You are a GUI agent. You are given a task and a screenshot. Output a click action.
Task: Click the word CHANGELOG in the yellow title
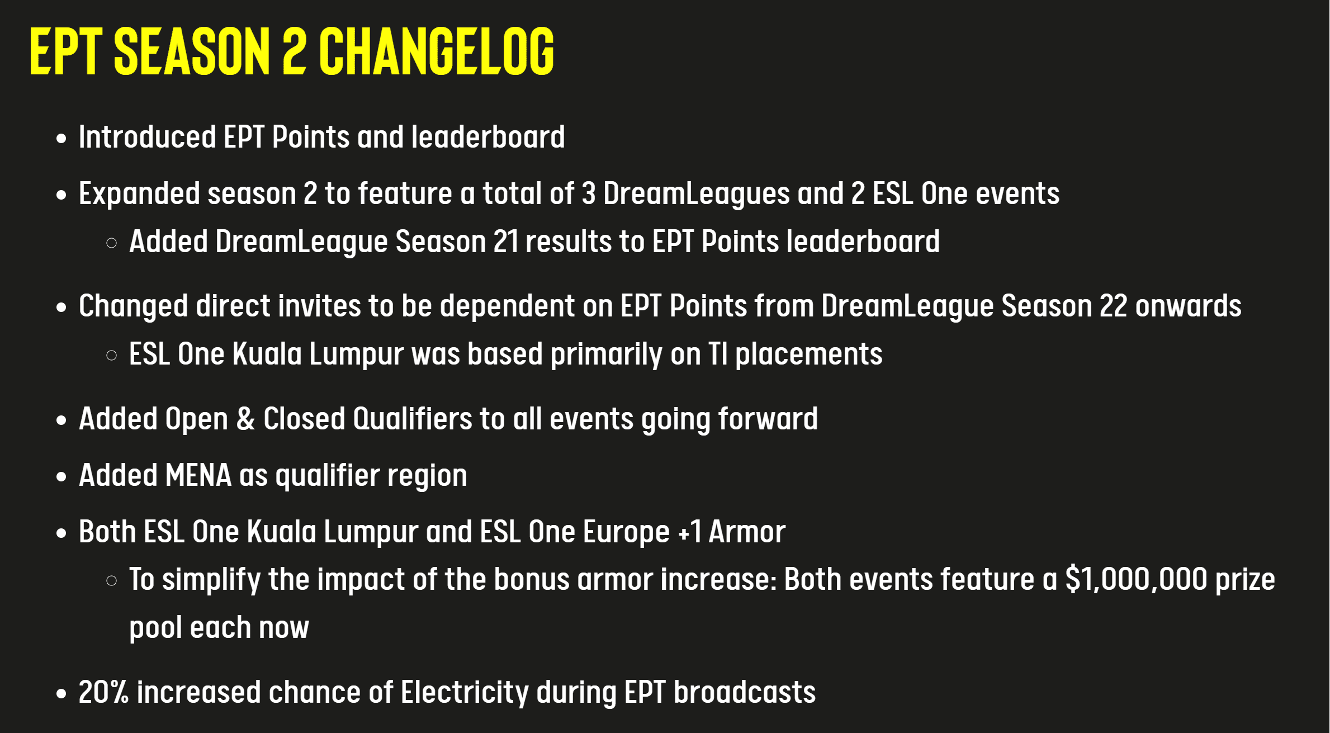coord(437,51)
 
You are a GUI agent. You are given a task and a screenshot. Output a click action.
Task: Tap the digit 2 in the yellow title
coord(294,51)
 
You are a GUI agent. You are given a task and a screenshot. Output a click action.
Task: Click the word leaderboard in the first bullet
coord(488,136)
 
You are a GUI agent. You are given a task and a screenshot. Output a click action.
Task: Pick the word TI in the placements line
coord(718,354)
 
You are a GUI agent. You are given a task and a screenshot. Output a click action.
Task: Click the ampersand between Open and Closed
coord(245,419)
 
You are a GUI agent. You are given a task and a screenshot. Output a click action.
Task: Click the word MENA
coord(198,475)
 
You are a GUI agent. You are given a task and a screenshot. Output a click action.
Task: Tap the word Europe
coord(626,532)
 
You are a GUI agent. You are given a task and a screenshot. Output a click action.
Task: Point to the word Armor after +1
coord(747,532)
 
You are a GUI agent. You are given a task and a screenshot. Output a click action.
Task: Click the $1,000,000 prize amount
coord(1137,579)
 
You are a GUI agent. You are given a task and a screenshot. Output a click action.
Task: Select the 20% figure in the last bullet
coord(103,692)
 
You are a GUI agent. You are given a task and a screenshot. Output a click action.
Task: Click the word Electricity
coord(465,693)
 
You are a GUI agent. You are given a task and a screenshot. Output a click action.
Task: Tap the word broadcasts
coord(745,692)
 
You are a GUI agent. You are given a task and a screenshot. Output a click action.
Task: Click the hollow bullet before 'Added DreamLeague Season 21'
coord(112,243)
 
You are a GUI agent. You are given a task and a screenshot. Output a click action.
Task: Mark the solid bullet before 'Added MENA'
coord(61,476)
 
